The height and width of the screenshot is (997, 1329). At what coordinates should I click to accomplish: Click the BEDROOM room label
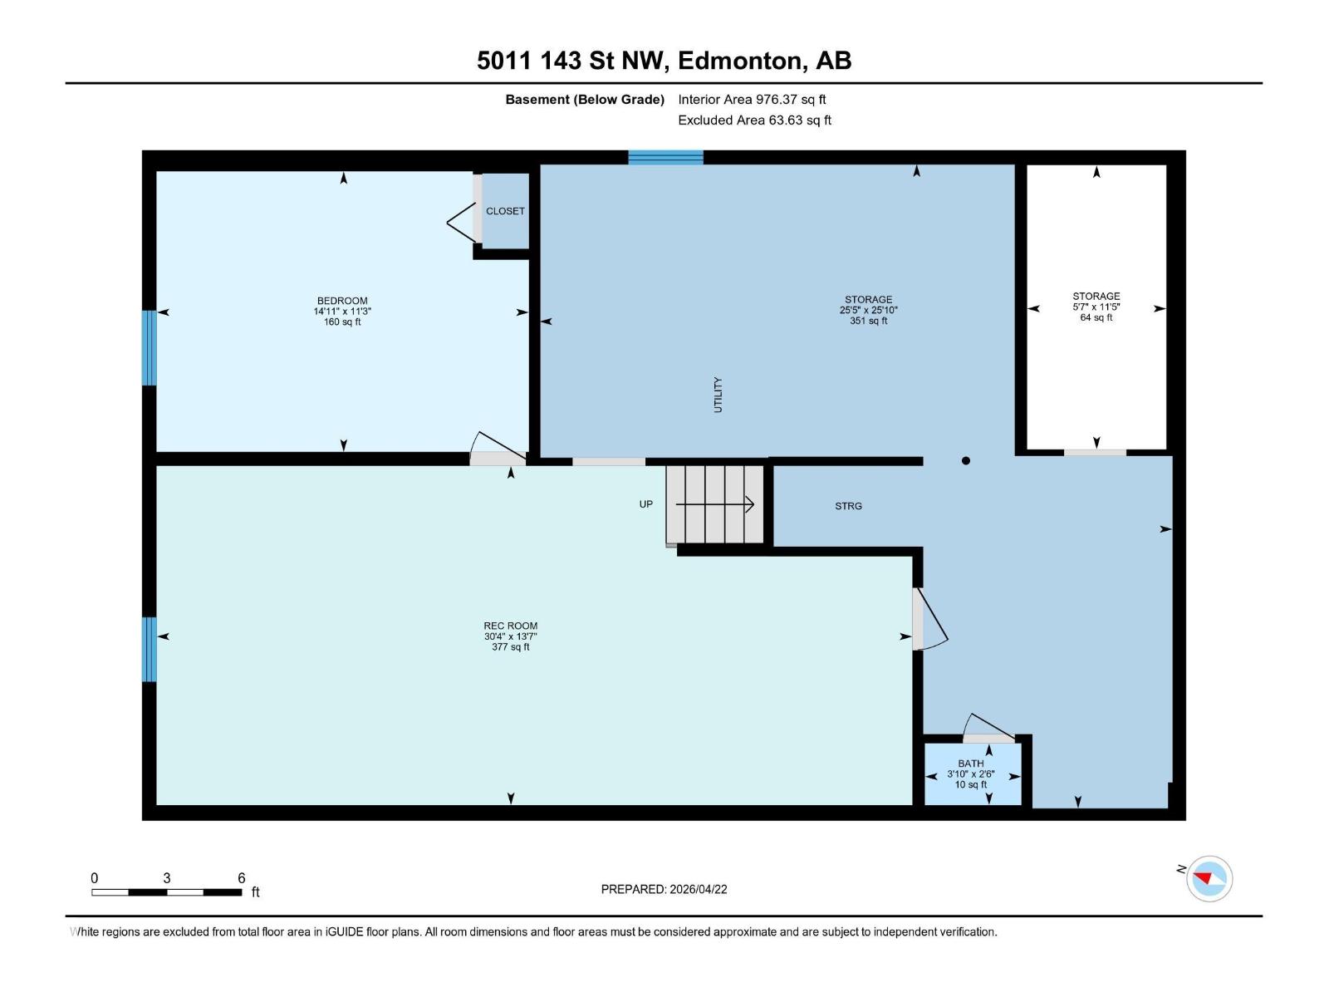[342, 301]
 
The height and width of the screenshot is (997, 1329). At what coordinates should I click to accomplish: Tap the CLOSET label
[505, 211]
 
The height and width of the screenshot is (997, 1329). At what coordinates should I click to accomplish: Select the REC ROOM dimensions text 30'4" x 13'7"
[511, 636]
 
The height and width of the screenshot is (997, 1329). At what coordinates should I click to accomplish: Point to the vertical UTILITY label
[718, 395]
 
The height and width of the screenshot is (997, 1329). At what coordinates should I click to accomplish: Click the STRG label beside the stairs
[848, 506]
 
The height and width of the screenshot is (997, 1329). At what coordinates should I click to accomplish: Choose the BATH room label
[971, 764]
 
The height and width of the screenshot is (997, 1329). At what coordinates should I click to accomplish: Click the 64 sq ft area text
[1096, 317]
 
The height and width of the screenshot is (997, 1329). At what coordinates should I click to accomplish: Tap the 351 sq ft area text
[869, 321]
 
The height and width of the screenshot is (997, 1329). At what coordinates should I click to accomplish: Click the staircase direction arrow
[714, 503]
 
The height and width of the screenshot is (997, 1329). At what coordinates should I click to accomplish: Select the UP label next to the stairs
[646, 504]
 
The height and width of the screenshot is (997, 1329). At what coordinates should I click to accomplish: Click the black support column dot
[965, 460]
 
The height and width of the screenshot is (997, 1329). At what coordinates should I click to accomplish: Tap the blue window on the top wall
[665, 157]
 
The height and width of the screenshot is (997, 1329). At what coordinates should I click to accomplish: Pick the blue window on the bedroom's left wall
[150, 348]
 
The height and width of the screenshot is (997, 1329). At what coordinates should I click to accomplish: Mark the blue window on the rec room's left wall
[150, 649]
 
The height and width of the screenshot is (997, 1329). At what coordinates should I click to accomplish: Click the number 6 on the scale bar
[242, 878]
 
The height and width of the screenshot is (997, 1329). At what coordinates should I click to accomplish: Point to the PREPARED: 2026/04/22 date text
[664, 889]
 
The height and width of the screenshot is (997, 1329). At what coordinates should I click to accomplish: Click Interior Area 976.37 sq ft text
[752, 99]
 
